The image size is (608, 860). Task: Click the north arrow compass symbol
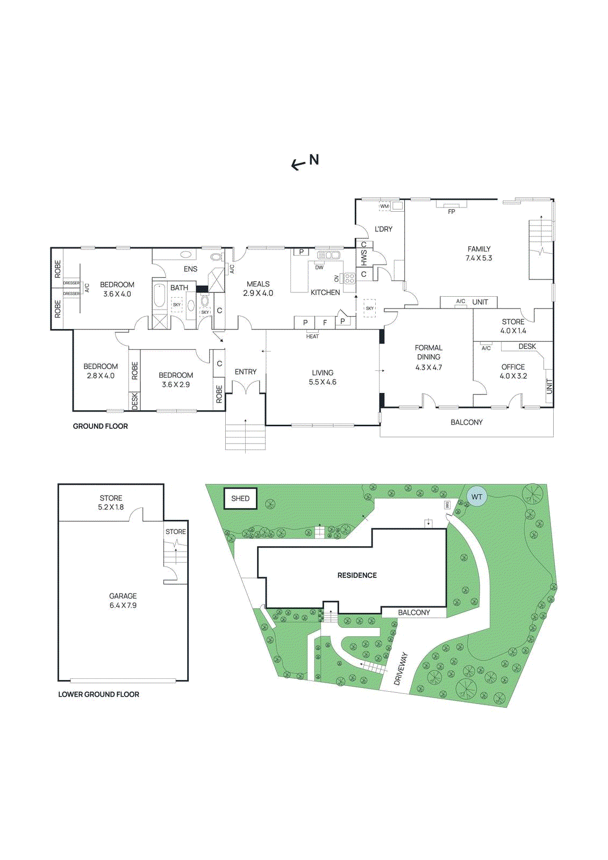(x=305, y=161)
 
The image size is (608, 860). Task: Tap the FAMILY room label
(x=479, y=249)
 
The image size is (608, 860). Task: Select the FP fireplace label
(x=452, y=212)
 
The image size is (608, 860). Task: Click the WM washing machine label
(x=384, y=206)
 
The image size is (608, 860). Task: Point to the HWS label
(x=364, y=259)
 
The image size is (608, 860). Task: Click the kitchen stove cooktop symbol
(x=349, y=278)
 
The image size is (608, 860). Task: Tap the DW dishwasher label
(x=319, y=268)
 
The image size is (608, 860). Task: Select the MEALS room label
(x=258, y=284)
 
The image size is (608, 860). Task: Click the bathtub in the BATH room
(x=160, y=295)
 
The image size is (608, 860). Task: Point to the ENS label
(x=190, y=269)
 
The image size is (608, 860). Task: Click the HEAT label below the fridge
(x=312, y=336)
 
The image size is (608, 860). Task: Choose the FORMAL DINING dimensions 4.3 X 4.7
(x=428, y=368)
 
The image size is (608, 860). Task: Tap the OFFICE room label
(x=513, y=367)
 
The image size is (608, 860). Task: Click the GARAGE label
(x=123, y=596)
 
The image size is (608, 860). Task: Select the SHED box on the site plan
(x=240, y=498)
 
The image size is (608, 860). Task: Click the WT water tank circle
(x=477, y=497)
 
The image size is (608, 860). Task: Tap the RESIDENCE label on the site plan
(x=357, y=575)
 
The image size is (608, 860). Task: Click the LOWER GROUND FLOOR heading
(x=99, y=694)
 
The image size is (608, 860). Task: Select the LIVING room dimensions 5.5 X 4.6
(x=323, y=382)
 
